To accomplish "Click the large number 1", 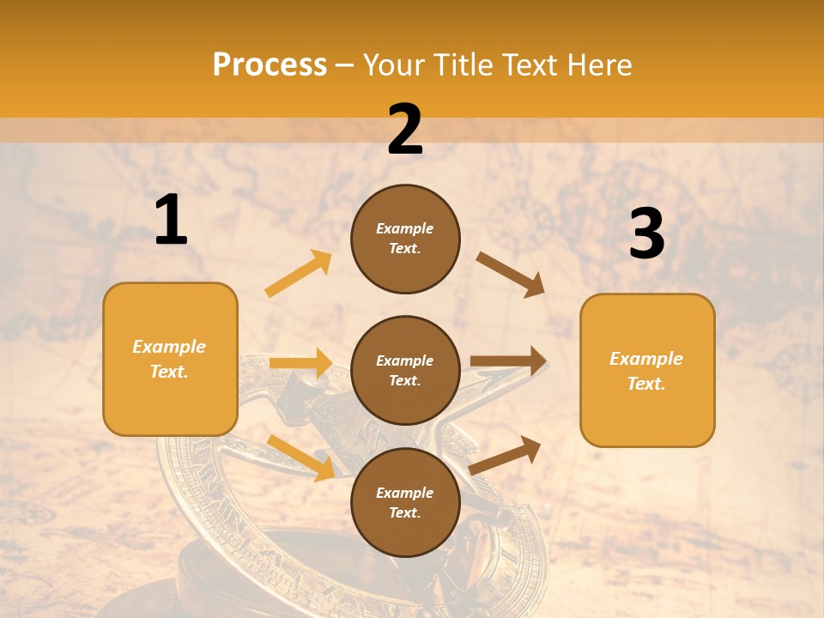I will [x=171, y=221].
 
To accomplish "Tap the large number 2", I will [x=404, y=130].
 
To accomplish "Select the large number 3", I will [x=646, y=235].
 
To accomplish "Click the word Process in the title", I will [x=270, y=64].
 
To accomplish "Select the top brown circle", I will [x=405, y=239].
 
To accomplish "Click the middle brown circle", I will [x=405, y=370].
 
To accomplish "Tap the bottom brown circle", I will [x=405, y=502].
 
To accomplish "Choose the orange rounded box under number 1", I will [x=170, y=359].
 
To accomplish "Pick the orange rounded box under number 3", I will [x=647, y=370].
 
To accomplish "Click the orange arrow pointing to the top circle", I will [x=299, y=274].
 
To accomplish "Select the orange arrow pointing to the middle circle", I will [x=300, y=363].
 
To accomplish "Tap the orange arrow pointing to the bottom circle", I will [x=300, y=457].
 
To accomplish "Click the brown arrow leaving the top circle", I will [x=511, y=275].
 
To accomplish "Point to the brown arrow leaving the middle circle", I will [x=508, y=360].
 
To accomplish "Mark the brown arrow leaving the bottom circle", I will [x=505, y=455].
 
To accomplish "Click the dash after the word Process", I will [x=345, y=64].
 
